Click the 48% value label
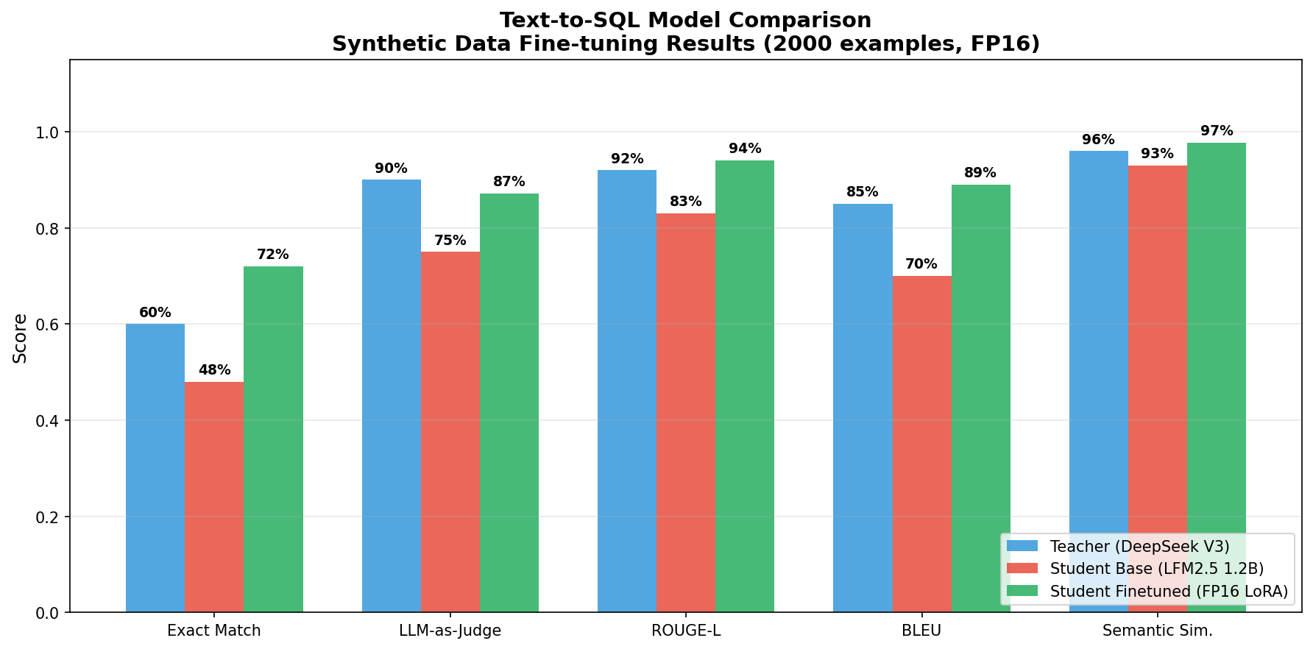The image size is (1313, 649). [214, 370]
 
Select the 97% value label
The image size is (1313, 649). [1217, 131]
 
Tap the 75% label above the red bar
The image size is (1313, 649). [450, 241]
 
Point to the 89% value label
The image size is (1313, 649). [980, 173]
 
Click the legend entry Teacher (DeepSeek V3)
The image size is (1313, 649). [1139, 547]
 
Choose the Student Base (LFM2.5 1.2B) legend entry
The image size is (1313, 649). [1156, 569]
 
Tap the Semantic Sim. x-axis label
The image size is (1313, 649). [1157, 631]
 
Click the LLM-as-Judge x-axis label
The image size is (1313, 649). [450, 631]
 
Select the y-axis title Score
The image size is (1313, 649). [21, 338]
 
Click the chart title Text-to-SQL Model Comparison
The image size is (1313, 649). [685, 21]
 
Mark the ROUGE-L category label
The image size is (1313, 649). [685, 631]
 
